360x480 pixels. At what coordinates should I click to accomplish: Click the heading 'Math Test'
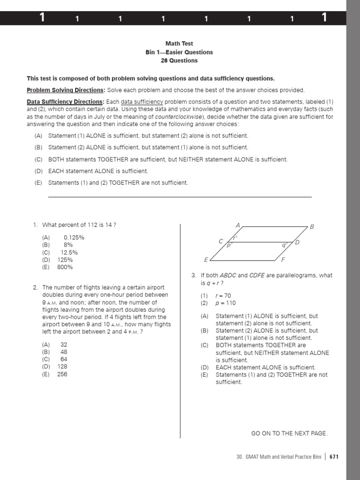179,44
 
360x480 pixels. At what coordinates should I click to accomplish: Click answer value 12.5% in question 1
69,252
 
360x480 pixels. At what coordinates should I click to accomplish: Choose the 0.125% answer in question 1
74,238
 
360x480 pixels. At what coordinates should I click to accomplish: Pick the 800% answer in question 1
65,267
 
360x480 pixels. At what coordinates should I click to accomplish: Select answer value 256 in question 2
62,374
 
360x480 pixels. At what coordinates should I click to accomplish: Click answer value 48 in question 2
64,352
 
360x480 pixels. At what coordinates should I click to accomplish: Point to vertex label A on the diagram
238,226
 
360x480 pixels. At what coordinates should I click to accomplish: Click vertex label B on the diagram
312,227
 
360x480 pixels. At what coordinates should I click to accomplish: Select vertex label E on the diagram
206,260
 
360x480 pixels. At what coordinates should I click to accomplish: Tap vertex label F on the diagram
283,260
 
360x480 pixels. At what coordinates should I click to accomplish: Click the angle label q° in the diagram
285,245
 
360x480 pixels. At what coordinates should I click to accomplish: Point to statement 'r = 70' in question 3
223,296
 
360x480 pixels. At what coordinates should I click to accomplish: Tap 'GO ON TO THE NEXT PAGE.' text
289,434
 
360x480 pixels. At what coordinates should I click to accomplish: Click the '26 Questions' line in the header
179,60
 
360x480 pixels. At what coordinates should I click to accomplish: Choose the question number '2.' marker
35,287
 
